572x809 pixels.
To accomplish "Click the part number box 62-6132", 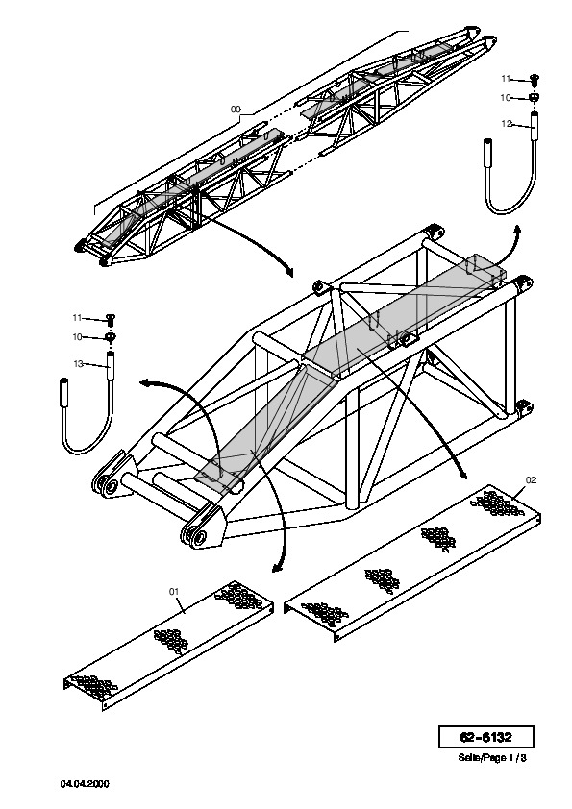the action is tap(485, 737).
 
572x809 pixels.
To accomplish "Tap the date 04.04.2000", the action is tap(85, 784).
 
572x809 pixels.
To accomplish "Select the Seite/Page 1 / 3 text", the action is tap(492, 758).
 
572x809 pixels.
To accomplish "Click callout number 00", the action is tap(236, 110).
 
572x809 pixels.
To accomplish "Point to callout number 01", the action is tap(174, 591).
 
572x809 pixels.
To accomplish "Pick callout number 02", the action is tap(531, 480).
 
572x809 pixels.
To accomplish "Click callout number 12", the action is tap(507, 124).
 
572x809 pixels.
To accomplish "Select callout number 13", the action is tap(79, 364).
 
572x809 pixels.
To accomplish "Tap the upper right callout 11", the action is tap(506, 79).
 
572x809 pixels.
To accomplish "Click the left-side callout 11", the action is tap(77, 318).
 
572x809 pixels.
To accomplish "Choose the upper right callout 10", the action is tap(506, 97).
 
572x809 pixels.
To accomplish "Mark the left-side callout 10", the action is tap(78, 337).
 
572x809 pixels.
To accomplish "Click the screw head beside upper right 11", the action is tap(535, 80).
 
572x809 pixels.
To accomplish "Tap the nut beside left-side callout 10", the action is tap(110, 337).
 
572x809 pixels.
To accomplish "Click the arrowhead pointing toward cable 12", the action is tap(517, 230).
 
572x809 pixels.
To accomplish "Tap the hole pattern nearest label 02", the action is tap(497, 503).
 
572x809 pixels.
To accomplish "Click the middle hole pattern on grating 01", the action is tap(171, 641).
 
